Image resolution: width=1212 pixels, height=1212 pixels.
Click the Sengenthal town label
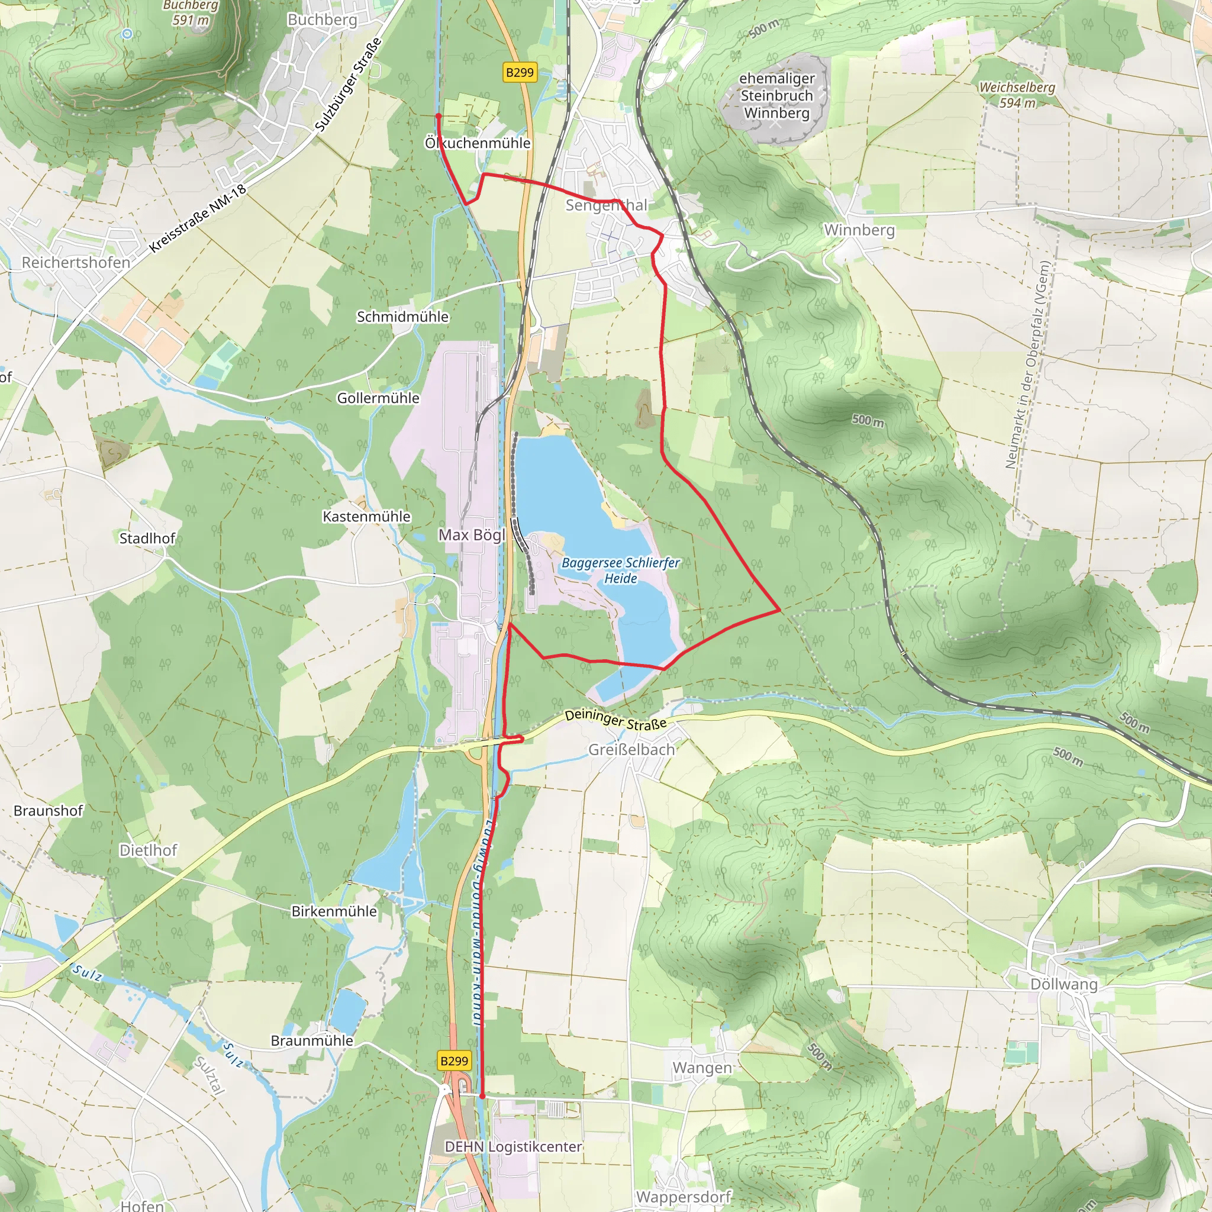pyautogui.click(x=606, y=205)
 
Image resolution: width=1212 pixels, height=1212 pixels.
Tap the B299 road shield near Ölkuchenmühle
pyautogui.click(x=520, y=72)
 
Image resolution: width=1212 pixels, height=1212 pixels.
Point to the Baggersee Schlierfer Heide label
pyautogui.click(x=620, y=570)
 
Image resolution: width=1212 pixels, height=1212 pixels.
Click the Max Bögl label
pyautogui.click(x=472, y=535)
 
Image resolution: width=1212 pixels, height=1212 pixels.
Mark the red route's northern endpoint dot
pyautogui.click(x=439, y=116)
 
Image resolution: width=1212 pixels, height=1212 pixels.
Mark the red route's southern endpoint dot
pyautogui.click(x=482, y=1096)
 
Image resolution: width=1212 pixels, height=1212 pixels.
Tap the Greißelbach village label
pyautogui.click(x=631, y=750)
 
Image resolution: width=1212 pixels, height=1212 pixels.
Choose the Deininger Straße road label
pyautogui.click(x=615, y=720)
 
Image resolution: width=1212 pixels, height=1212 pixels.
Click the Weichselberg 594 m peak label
pyautogui.click(x=1017, y=95)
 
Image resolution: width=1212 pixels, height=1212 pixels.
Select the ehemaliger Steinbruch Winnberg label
pyautogui.click(x=776, y=95)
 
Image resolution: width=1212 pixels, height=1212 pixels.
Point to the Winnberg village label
pyautogui.click(x=859, y=230)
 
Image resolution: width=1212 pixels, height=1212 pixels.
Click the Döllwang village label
pyautogui.click(x=1064, y=984)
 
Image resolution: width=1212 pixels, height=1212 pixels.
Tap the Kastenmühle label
pyautogui.click(x=366, y=516)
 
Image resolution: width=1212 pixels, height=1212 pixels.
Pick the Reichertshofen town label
pyautogui.click(x=76, y=262)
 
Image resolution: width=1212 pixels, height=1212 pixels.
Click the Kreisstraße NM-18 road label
pyautogui.click(x=198, y=219)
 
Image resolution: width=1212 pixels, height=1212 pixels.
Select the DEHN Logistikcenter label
pyautogui.click(x=513, y=1147)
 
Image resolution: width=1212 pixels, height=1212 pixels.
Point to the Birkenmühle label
pyautogui.click(x=334, y=911)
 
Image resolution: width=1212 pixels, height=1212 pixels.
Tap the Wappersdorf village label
pyautogui.click(x=683, y=1197)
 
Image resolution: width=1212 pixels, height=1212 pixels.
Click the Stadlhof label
pyautogui.click(x=147, y=539)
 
